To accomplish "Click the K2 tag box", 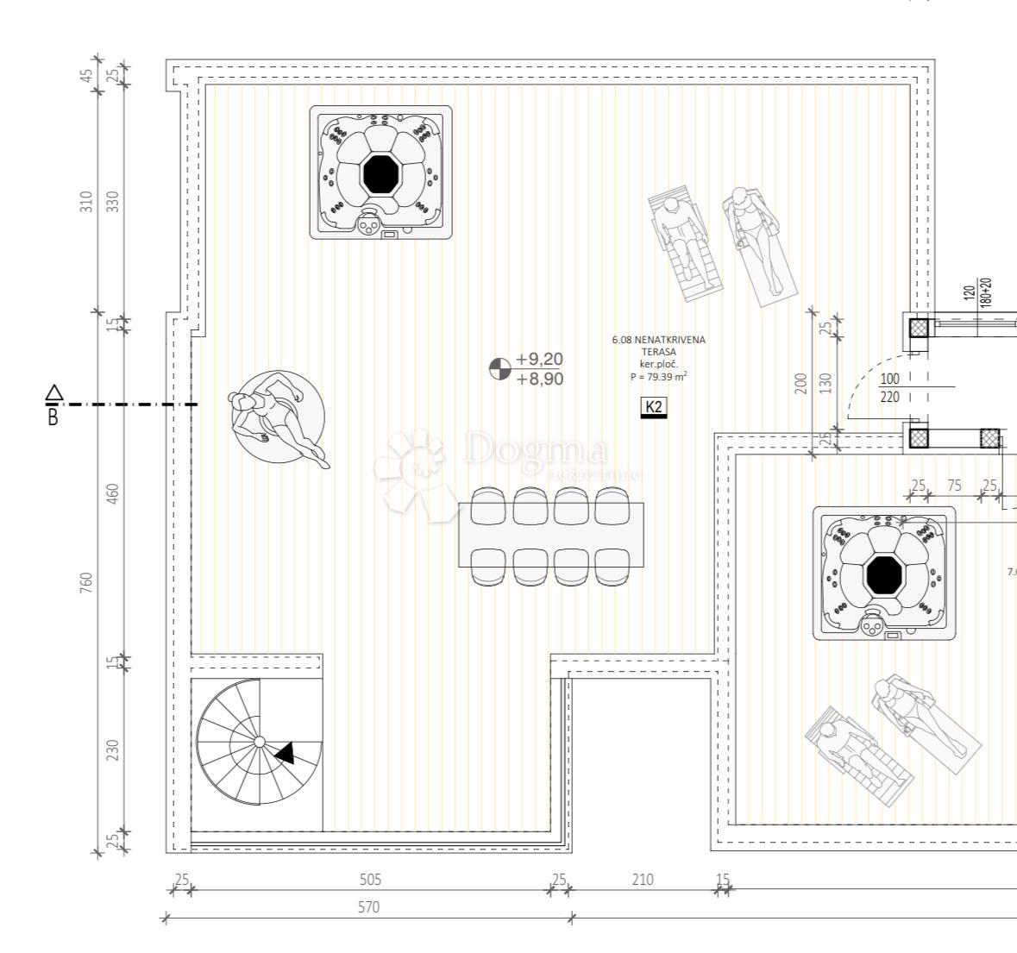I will (x=654, y=407).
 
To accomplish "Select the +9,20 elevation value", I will (x=539, y=360).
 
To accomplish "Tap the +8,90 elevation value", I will (x=539, y=379).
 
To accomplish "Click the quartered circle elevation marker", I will (x=499, y=369).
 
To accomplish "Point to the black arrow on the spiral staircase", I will (x=285, y=753).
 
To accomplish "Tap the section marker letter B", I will (x=53, y=419).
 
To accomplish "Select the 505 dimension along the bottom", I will (x=369, y=880).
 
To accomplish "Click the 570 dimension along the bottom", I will (x=367, y=907).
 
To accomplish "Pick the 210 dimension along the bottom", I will (x=643, y=880).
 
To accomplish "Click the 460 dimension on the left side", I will (x=113, y=493).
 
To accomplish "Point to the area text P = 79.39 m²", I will (x=658, y=376).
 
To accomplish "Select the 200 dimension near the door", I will (x=800, y=382).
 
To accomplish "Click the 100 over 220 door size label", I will (x=889, y=388).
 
